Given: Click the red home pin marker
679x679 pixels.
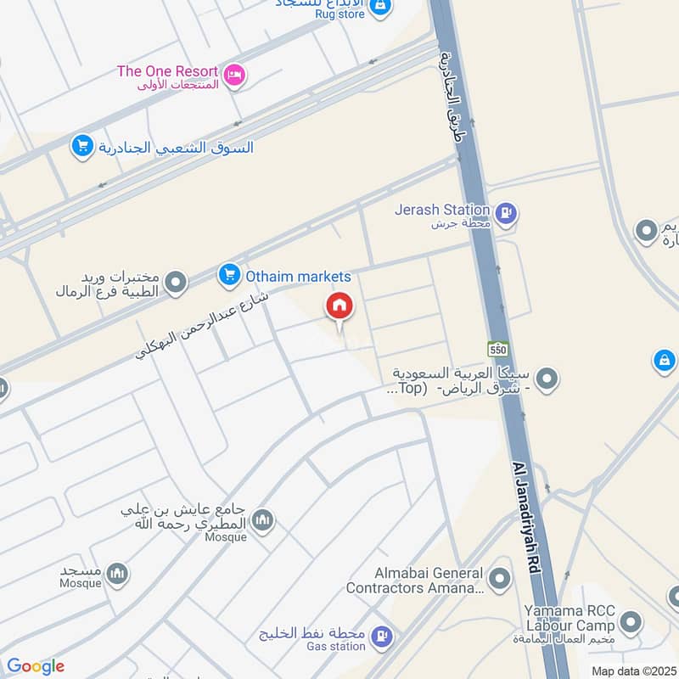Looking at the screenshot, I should click(339, 306).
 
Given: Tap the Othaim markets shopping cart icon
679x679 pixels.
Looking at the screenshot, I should click(228, 275).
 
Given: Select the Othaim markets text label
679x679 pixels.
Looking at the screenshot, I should click(298, 276).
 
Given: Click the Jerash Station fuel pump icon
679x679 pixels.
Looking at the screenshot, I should click(507, 214).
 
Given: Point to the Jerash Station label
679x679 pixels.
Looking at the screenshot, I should click(442, 210).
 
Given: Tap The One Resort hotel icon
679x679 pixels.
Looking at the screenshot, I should click(236, 76).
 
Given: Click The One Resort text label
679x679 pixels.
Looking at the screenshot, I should click(167, 71).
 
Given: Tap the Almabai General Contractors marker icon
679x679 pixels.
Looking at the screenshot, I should click(502, 580).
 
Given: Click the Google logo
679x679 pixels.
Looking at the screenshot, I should click(35, 667).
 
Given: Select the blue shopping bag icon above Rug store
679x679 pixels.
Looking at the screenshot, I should click(381, 6).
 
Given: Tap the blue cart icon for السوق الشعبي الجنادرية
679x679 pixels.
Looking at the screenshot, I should click(82, 147).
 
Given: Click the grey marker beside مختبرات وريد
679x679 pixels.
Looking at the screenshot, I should click(176, 283).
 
